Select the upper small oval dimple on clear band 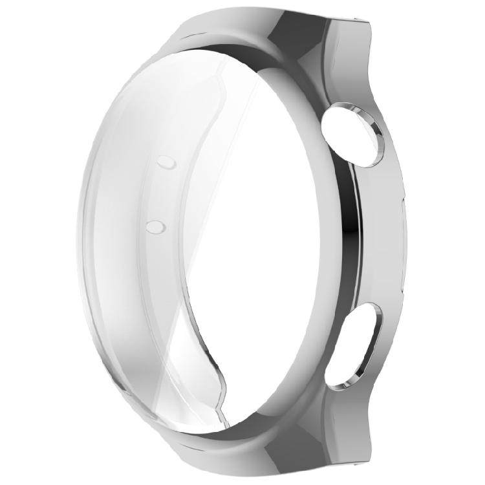click(x=166, y=162)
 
